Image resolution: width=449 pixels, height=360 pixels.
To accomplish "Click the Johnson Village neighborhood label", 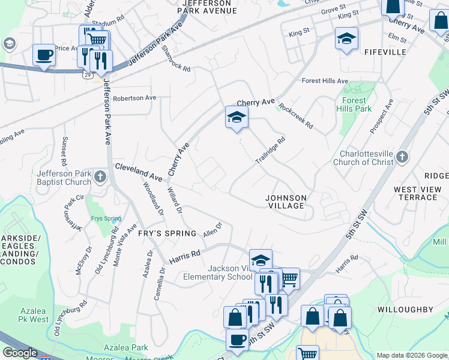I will click(x=286, y=202).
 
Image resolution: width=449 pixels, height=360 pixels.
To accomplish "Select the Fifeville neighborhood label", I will click(x=385, y=52).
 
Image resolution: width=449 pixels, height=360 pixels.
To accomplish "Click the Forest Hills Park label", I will click(x=357, y=105).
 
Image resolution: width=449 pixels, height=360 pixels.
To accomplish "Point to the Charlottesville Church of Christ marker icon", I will click(x=402, y=157).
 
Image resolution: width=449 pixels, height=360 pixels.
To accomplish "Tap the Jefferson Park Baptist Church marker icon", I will click(x=100, y=177).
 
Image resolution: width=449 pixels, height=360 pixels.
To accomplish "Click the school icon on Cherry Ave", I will click(x=237, y=117).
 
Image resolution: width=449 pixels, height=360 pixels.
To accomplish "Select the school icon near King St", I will click(x=346, y=38).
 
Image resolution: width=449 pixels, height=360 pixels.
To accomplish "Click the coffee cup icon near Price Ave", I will click(x=44, y=55).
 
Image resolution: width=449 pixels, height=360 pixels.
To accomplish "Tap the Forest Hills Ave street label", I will click(x=325, y=81).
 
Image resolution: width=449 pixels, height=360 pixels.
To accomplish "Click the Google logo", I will click(x=20, y=353).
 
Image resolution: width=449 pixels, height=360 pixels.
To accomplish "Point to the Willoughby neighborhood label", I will click(x=405, y=310).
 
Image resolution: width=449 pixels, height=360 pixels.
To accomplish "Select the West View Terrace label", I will click(x=418, y=193).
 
